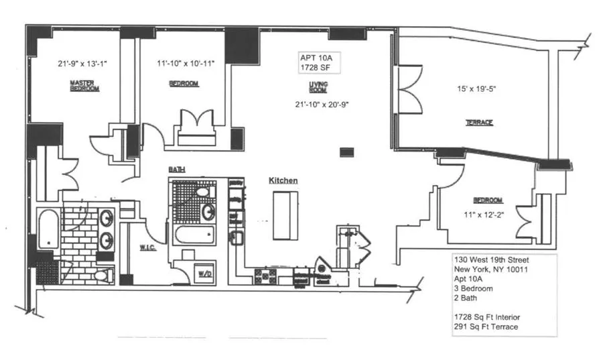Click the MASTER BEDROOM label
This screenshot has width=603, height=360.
pyautogui.click(x=85, y=86)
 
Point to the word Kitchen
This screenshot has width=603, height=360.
pyautogui.click(x=283, y=181)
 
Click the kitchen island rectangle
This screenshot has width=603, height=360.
pyautogui.click(x=284, y=215)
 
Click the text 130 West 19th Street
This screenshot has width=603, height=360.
pyautogui.click(x=491, y=261)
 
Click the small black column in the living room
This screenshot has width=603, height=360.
pyautogui.click(x=346, y=152)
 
